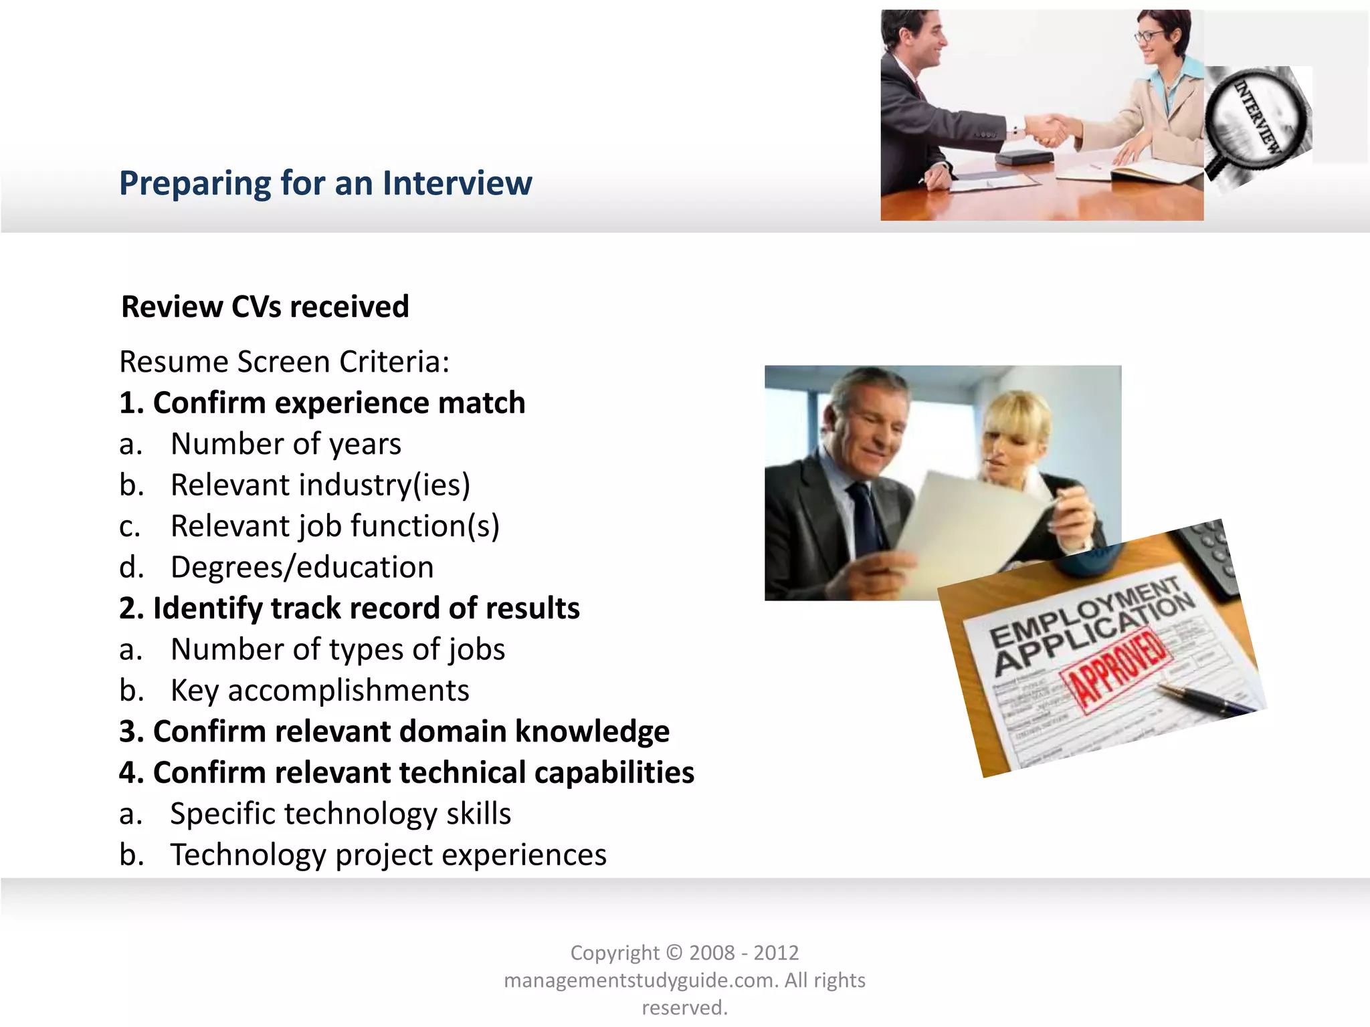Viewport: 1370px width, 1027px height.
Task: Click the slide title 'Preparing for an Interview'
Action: pyautogui.click(x=325, y=183)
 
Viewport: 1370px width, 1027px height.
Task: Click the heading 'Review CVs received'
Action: pyautogui.click(x=265, y=307)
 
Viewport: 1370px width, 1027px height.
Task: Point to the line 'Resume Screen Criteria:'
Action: pyautogui.click(x=284, y=362)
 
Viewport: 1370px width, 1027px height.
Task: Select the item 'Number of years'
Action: pyautogui.click(x=286, y=444)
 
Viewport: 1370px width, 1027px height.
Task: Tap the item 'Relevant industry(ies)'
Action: pyautogui.click(x=320, y=485)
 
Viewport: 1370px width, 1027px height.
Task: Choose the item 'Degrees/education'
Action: pyautogui.click(x=302, y=567)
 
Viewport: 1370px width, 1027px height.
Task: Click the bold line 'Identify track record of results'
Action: pyautogui.click(x=366, y=608)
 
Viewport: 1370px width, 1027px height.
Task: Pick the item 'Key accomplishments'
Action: pyautogui.click(x=320, y=691)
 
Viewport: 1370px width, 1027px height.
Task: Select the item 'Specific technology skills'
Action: pyautogui.click(x=340, y=814)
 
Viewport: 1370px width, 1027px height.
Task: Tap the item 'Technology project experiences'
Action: pyautogui.click(x=388, y=855)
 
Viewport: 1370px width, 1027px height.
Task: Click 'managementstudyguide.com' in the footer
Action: pyautogui.click(x=640, y=980)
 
